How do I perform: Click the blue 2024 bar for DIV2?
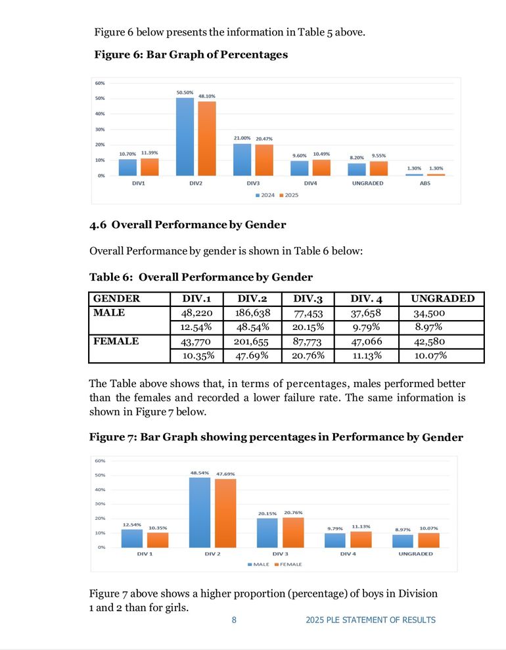coord(185,137)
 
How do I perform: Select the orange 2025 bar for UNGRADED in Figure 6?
coord(379,168)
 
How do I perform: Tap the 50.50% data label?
coord(185,93)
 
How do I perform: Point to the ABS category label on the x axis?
coord(425,183)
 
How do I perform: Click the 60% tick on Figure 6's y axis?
coord(101,83)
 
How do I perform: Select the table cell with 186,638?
coord(252,313)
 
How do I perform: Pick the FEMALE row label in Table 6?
coord(116,341)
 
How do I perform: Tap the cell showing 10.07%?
coord(431,356)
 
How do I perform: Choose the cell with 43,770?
coord(195,342)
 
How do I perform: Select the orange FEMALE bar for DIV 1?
coord(158,540)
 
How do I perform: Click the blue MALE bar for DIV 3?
coord(267,532)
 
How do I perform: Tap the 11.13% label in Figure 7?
coord(361,526)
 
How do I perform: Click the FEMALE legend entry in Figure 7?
coord(289,565)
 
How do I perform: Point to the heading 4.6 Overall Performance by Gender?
coord(187,225)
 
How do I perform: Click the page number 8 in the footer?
coord(233,620)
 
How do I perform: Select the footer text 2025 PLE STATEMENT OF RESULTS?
coord(370,620)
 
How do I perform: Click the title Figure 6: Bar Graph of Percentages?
coord(191,55)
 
